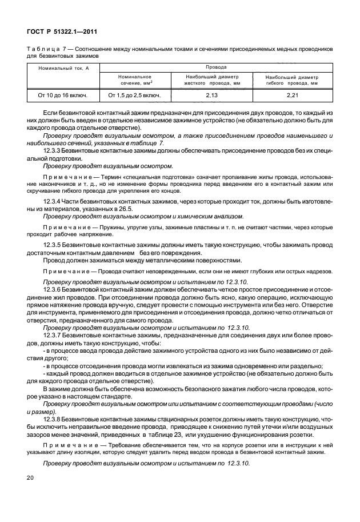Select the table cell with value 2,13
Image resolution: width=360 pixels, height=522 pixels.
pos(211,94)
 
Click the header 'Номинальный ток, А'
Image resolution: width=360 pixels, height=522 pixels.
pos(61,69)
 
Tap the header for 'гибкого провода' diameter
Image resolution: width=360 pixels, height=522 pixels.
pos(291,79)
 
